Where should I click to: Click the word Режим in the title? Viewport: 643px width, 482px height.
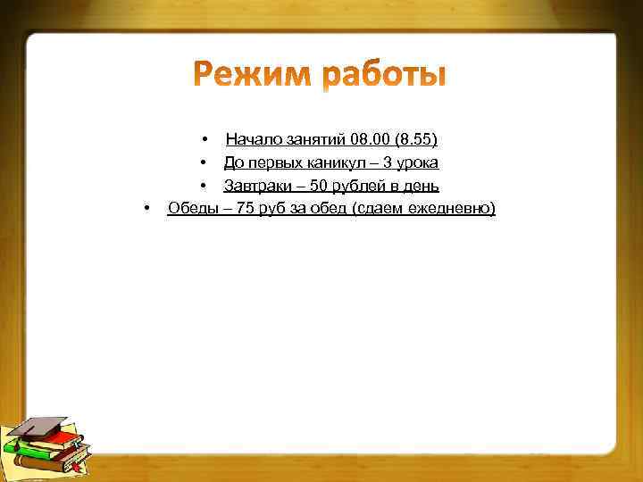point(252,74)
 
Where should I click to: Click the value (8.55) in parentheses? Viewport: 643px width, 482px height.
point(417,139)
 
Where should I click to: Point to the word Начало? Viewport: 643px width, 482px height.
point(254,139)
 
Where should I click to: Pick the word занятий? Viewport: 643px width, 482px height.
point(317,139)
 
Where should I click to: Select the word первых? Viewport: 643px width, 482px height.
point(274,162)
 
